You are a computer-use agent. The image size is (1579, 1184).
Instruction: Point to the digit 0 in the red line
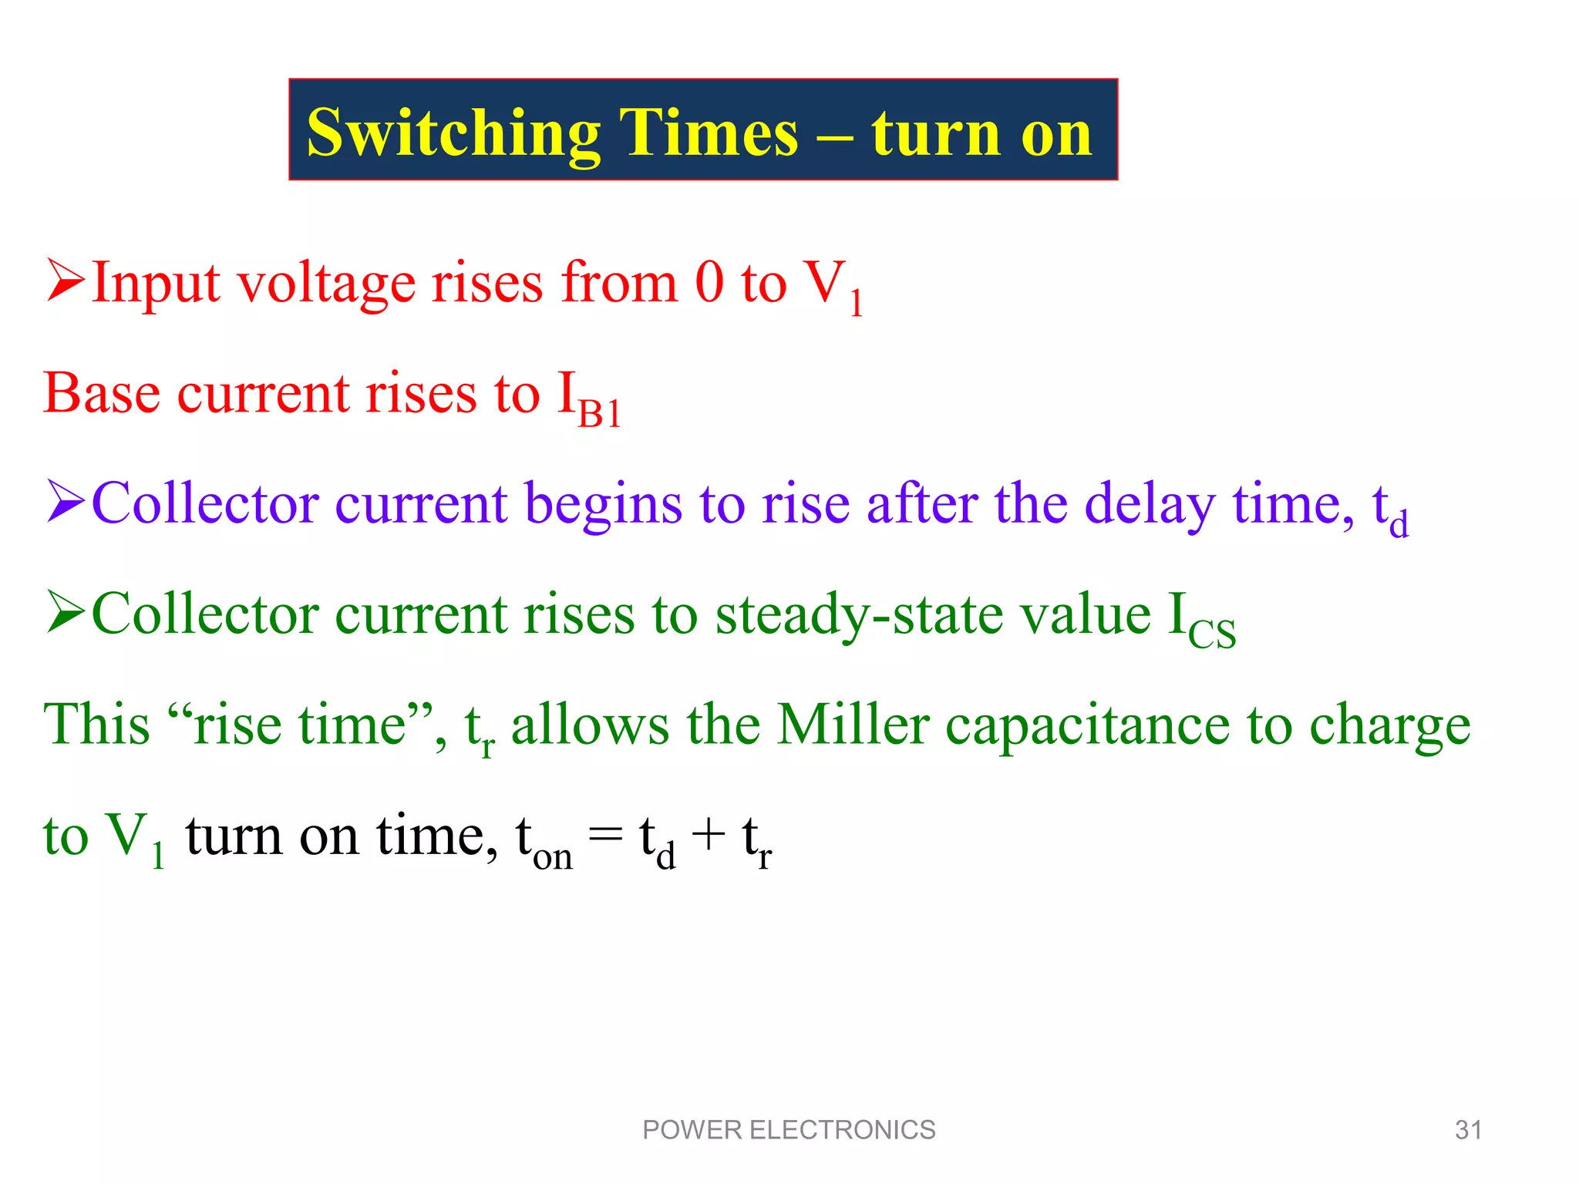(x=709, y=282)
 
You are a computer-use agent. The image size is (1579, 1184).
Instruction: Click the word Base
(x=102, y=393)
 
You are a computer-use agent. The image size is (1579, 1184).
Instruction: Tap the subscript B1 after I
(x=600, y=415)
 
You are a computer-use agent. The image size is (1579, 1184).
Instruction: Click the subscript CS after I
(x=1212, y=634)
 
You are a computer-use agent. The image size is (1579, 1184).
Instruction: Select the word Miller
(x=853, y=725)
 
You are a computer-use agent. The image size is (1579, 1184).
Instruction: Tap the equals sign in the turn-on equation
(x=605, y=836)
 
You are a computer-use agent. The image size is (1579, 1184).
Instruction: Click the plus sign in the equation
(x=709, y=836)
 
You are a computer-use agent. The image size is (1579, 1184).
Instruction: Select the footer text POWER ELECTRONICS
(x=789, y=1130)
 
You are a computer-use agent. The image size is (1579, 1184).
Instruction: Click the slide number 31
(x=1468, y=1130)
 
